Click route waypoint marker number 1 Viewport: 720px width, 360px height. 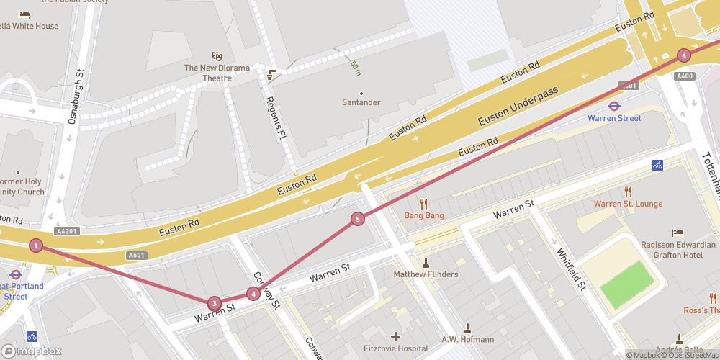(36, 246)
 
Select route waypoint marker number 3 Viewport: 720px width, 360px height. (213, 303)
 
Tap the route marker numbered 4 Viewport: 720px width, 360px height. (253, 293)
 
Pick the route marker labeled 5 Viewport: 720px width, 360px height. (358, 219)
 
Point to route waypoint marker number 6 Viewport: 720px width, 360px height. (683, 55)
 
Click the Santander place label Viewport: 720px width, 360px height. (361, 102)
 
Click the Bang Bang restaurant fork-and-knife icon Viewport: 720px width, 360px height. (424, 204)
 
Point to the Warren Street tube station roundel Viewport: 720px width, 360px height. (614, 106)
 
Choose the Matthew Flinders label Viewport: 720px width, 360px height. (425, 274)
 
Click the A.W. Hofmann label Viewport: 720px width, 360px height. (467, 339)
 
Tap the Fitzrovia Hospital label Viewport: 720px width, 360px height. (395, 348)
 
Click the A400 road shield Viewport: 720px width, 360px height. (685, 76)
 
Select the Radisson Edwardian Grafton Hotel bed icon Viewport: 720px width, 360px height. (678, 233)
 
